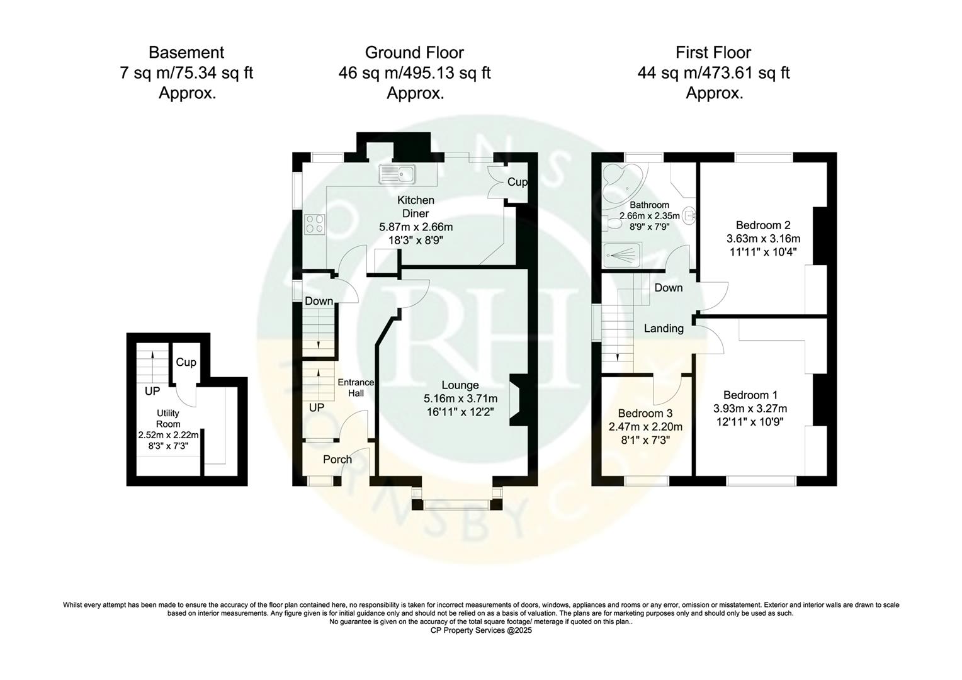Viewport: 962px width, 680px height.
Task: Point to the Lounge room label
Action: pyautogui.click(x=460, y=385)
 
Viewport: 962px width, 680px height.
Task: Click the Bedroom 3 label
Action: pyautogui.click(x=645, y=413)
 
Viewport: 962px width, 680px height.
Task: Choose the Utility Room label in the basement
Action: pyautogui.click(x=168, y=419)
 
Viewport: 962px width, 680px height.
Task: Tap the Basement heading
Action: pyautogui.click(x=186, y=52)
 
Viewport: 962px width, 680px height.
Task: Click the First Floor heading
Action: pyautogui.click(x=713, y=52)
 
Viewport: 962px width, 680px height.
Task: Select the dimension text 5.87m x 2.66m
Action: pyautogui.click(x=416, y=227)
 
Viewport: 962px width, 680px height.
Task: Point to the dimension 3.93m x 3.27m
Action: pyautogui.click(x=750, y=409)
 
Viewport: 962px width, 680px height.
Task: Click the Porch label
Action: pyautogui.click(x=337, y=459)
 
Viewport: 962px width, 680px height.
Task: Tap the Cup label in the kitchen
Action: pyautogui.click(x=517, y=182)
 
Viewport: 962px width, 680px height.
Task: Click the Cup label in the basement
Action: pyautogui.click(x=186, y=362)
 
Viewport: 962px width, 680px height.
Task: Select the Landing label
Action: pyautogui.click(x=664, y=328)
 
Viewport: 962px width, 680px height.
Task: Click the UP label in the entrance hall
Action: pyautogui.click(x=317, y=407)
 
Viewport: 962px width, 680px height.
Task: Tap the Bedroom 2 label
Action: pyautogui.click(x=763, y=225)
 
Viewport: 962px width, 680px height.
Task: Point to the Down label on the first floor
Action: pyautogui.click(x=668, y=288)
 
